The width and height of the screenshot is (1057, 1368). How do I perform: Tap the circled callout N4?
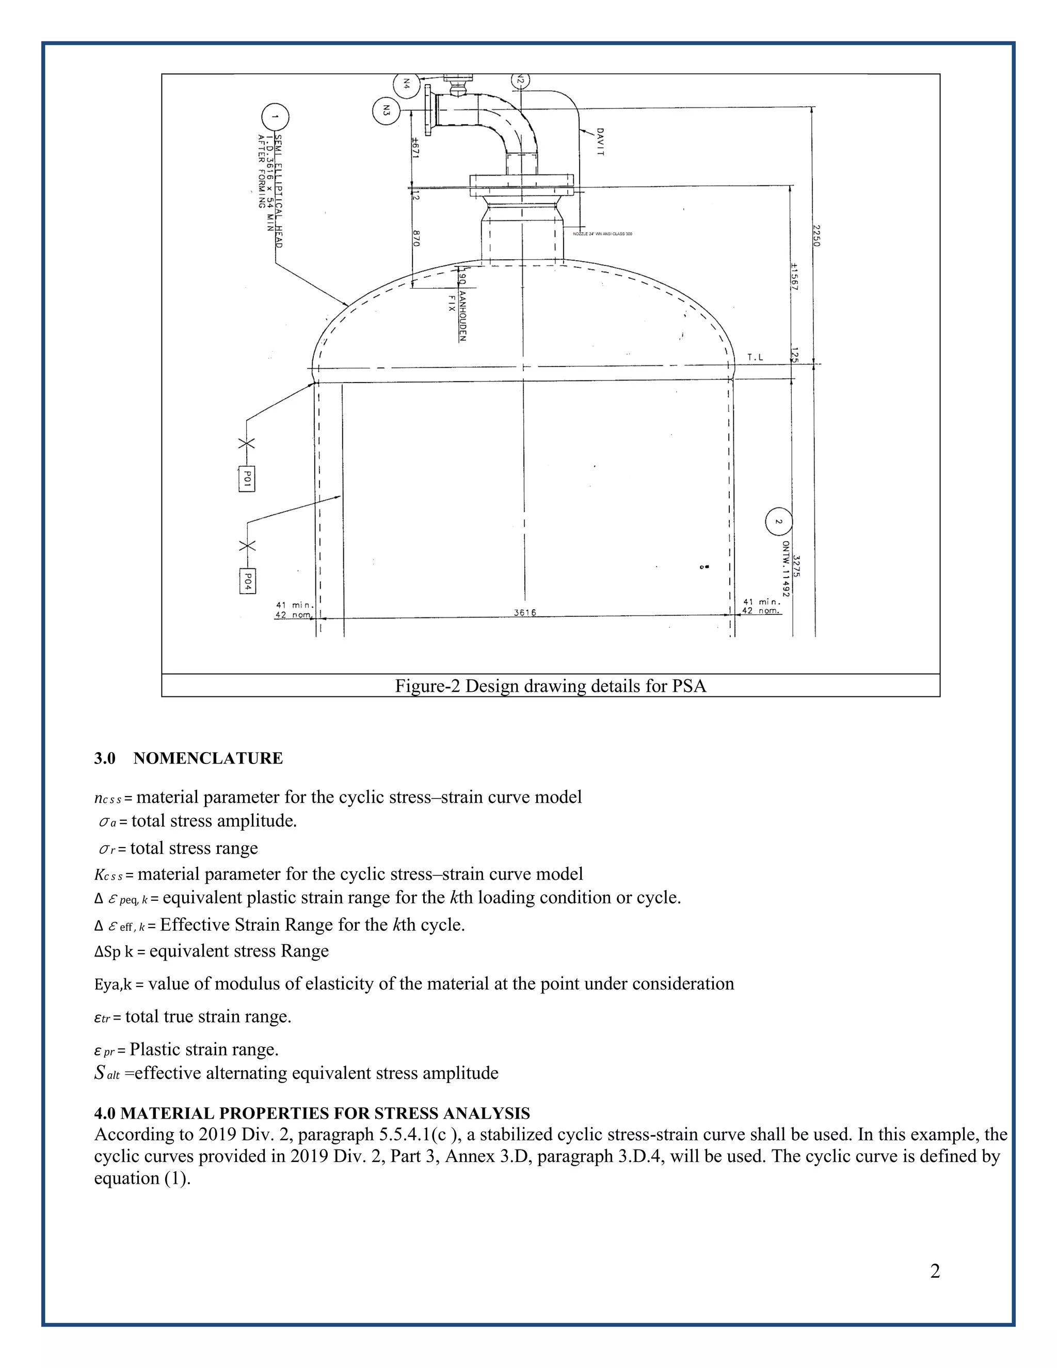[406, 83]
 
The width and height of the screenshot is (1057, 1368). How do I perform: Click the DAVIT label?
[599, 141]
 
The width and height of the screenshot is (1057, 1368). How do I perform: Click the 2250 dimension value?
[816, 235]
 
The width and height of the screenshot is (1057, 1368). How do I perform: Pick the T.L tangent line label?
[755, 358]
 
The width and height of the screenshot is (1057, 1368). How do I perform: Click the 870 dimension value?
[416, 238]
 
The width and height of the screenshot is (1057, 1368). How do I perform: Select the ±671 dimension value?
[414, 149]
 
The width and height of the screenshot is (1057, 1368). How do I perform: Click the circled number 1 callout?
[275, 117]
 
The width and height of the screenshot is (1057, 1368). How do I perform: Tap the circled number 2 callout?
[778, 521]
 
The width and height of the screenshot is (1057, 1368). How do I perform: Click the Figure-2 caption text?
[550, 686]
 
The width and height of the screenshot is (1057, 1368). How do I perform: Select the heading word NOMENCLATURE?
[208, 758]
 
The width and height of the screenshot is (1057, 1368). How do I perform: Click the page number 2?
[935, 1271]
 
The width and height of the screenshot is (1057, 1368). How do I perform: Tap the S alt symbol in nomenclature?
[106, 1074]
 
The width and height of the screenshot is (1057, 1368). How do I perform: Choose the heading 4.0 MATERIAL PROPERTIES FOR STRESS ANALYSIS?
[312, 1113]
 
